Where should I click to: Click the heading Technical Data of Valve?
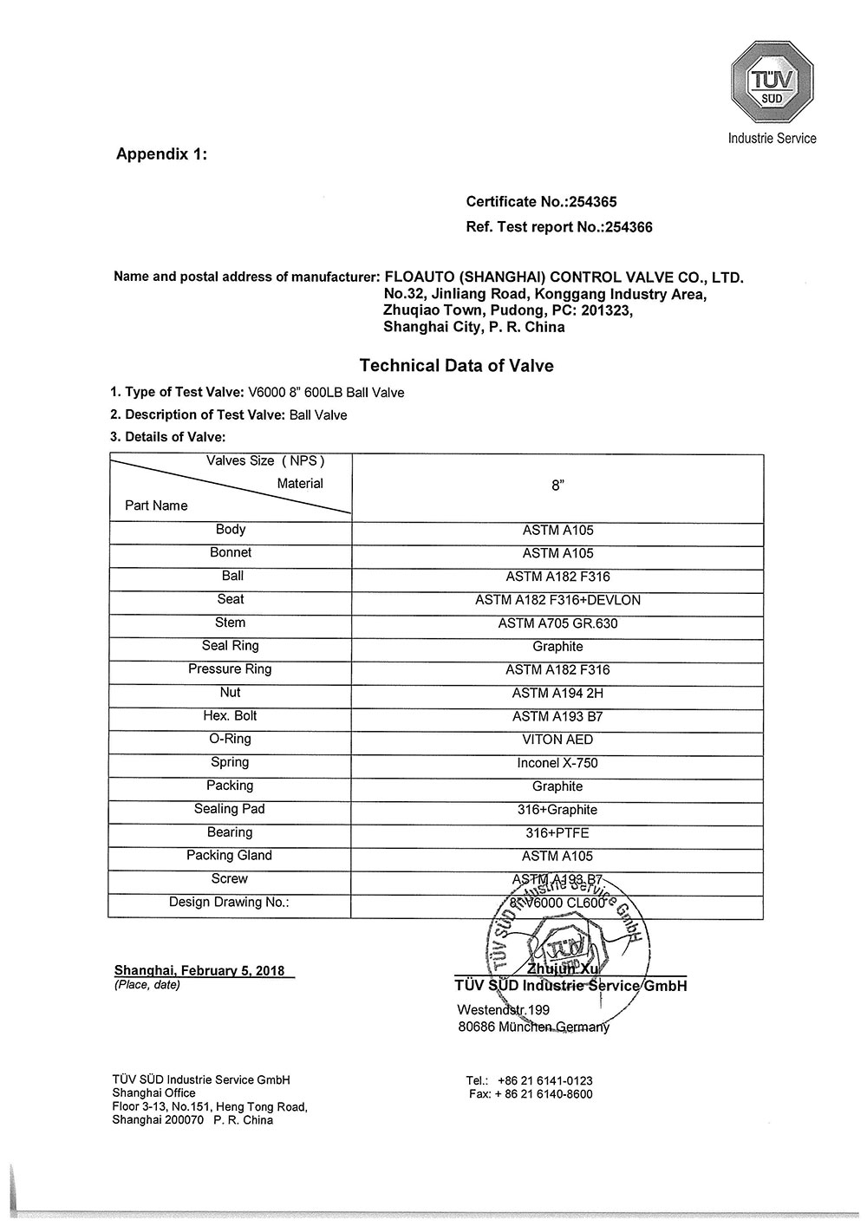456,366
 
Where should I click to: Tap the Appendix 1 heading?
161,154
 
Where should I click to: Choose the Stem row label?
230,623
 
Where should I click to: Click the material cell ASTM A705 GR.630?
557,623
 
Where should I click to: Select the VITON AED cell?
557,740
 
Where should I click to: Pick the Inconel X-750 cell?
557,763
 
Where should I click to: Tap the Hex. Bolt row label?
230,716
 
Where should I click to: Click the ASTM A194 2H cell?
557,693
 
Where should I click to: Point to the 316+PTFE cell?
557,833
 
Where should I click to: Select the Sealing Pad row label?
230,809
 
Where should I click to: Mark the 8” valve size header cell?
557,487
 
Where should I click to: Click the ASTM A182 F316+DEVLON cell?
557,600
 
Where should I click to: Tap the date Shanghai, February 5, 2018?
199,970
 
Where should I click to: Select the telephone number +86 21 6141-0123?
545,1080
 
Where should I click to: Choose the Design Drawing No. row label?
229,903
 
